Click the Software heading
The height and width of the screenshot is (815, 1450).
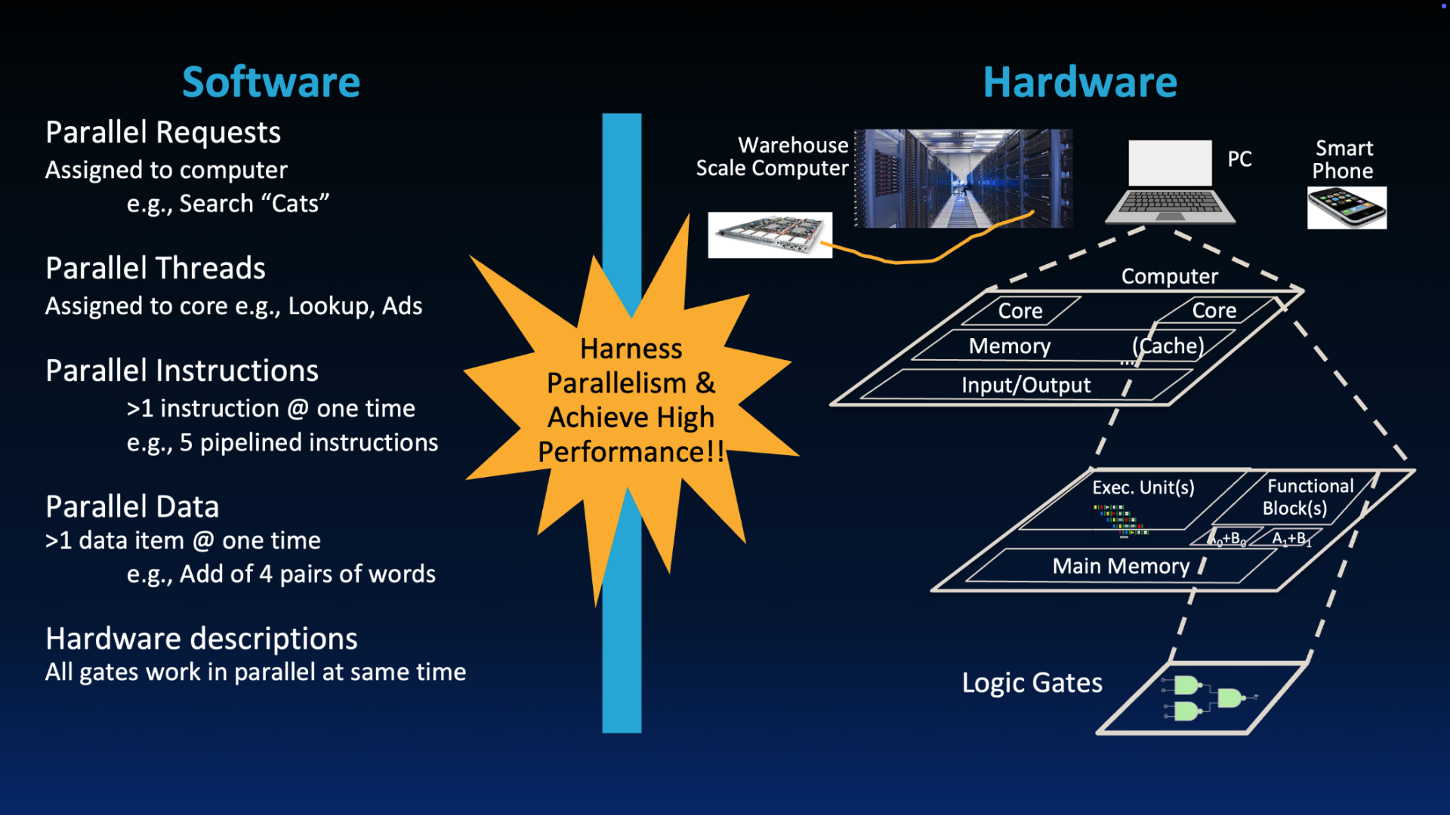(x=271, y=81)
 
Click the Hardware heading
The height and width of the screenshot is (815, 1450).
(x=1080, y=81)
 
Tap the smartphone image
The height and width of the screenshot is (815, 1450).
(x=1347, y=208)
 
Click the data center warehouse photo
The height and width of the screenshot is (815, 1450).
(x=963, y=178)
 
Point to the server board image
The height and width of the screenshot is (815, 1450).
(x=770, y=235)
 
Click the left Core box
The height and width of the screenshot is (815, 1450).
(x=1020, y=311)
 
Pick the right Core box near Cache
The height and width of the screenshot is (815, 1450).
(x=1214, y=310)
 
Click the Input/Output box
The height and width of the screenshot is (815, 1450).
(x=1026, y=385)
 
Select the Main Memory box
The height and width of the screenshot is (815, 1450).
(x=1121, y=566)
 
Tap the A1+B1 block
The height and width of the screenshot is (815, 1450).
(x=1291, y=539)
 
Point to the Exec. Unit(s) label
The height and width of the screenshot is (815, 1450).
(x=1143, y=487)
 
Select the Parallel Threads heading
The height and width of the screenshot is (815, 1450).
(x=156, y=269)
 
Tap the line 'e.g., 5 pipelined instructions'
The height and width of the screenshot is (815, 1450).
(x=282, y=442)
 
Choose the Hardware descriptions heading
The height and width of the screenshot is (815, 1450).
(x=202, y=639)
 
